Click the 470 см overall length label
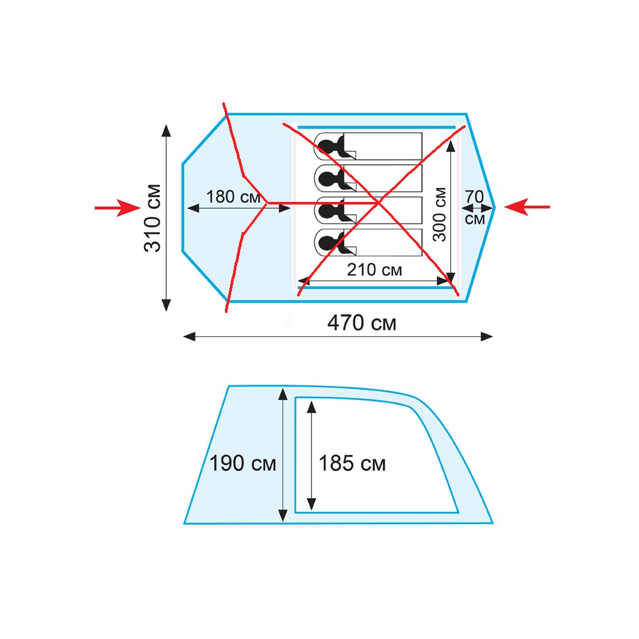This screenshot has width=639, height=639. coord(362,323)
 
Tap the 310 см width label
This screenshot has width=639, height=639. coord(153,218)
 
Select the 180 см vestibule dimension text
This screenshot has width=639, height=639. coord(233,197)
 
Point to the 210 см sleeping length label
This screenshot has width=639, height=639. coord(374,270)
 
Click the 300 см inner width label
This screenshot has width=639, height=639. coord(440,214)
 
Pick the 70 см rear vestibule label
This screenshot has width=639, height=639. coord(475,208)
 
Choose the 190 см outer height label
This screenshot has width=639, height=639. coord(242,464)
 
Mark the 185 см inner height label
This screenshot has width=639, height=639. coord(352,464)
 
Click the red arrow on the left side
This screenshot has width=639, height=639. coord(118,208)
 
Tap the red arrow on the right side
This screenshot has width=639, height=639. coord(527,207)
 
